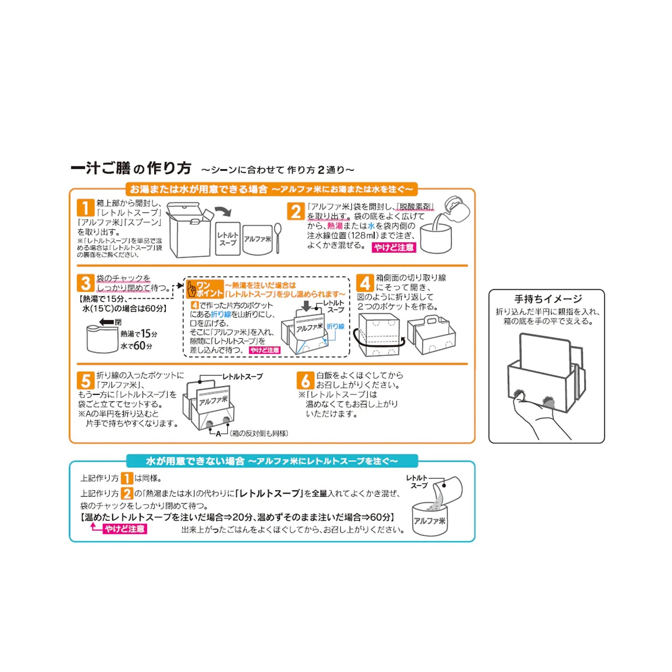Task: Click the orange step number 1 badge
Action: click(86, 207)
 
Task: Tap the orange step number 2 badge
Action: click(296, 211)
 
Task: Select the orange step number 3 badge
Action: click(86, 283)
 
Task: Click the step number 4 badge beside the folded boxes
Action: click(365, 283)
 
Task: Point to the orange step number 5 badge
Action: click(86, 380)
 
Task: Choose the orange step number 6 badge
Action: click(306, 380)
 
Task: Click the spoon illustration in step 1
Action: click(278, 236)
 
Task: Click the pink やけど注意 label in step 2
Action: click(394, 247)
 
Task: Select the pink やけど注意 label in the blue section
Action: click(124, 529)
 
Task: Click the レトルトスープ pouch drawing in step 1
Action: click(228, 239)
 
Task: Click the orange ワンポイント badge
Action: click(205, 289)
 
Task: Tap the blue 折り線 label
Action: click(335, 326)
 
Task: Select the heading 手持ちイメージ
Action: click(548, 299)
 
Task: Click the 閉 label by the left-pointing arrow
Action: click(118, 322)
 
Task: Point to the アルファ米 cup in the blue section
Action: click(429, 519)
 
